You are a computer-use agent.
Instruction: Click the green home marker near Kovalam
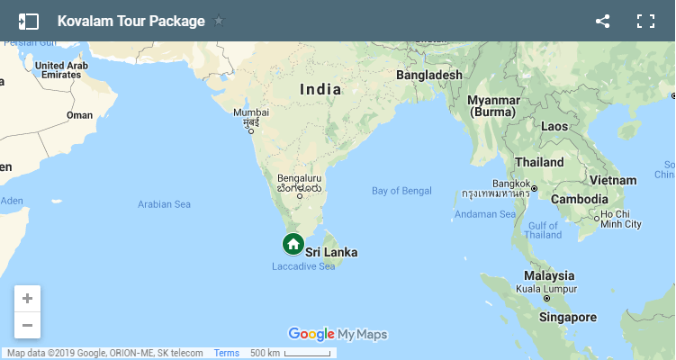point(293,244)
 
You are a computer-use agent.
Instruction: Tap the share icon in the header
point(603,21)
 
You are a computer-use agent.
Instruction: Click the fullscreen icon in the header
point(645,21)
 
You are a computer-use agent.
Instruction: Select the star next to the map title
point(219,21)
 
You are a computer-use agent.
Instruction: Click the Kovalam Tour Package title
point(131,21)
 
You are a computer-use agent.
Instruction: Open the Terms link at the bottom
point(227,353)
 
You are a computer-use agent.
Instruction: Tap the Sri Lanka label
point(331,253)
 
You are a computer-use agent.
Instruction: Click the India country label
point(320,89)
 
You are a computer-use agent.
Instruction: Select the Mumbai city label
point(251,113)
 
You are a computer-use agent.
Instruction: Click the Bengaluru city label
point(300,179)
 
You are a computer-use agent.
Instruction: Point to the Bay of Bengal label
point(401,191)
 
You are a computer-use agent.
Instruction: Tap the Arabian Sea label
point(164,204)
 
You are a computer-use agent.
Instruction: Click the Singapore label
point(568,318)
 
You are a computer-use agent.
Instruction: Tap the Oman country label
point(79,115)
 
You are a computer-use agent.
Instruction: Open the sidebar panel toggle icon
point(28,21)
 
